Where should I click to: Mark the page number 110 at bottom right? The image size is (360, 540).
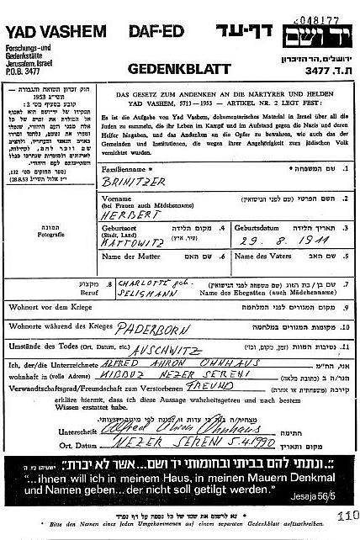347,517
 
